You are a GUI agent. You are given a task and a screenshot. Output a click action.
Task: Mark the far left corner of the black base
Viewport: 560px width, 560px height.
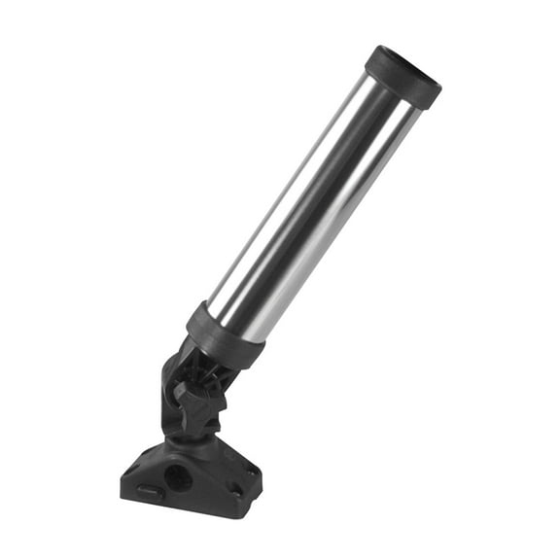coord(123,478)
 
